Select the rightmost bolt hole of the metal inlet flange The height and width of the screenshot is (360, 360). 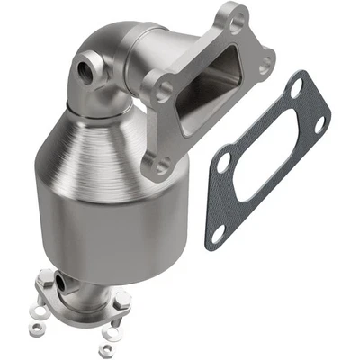click(265, 64)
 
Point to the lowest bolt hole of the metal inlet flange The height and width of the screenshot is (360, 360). click(163, 166)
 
